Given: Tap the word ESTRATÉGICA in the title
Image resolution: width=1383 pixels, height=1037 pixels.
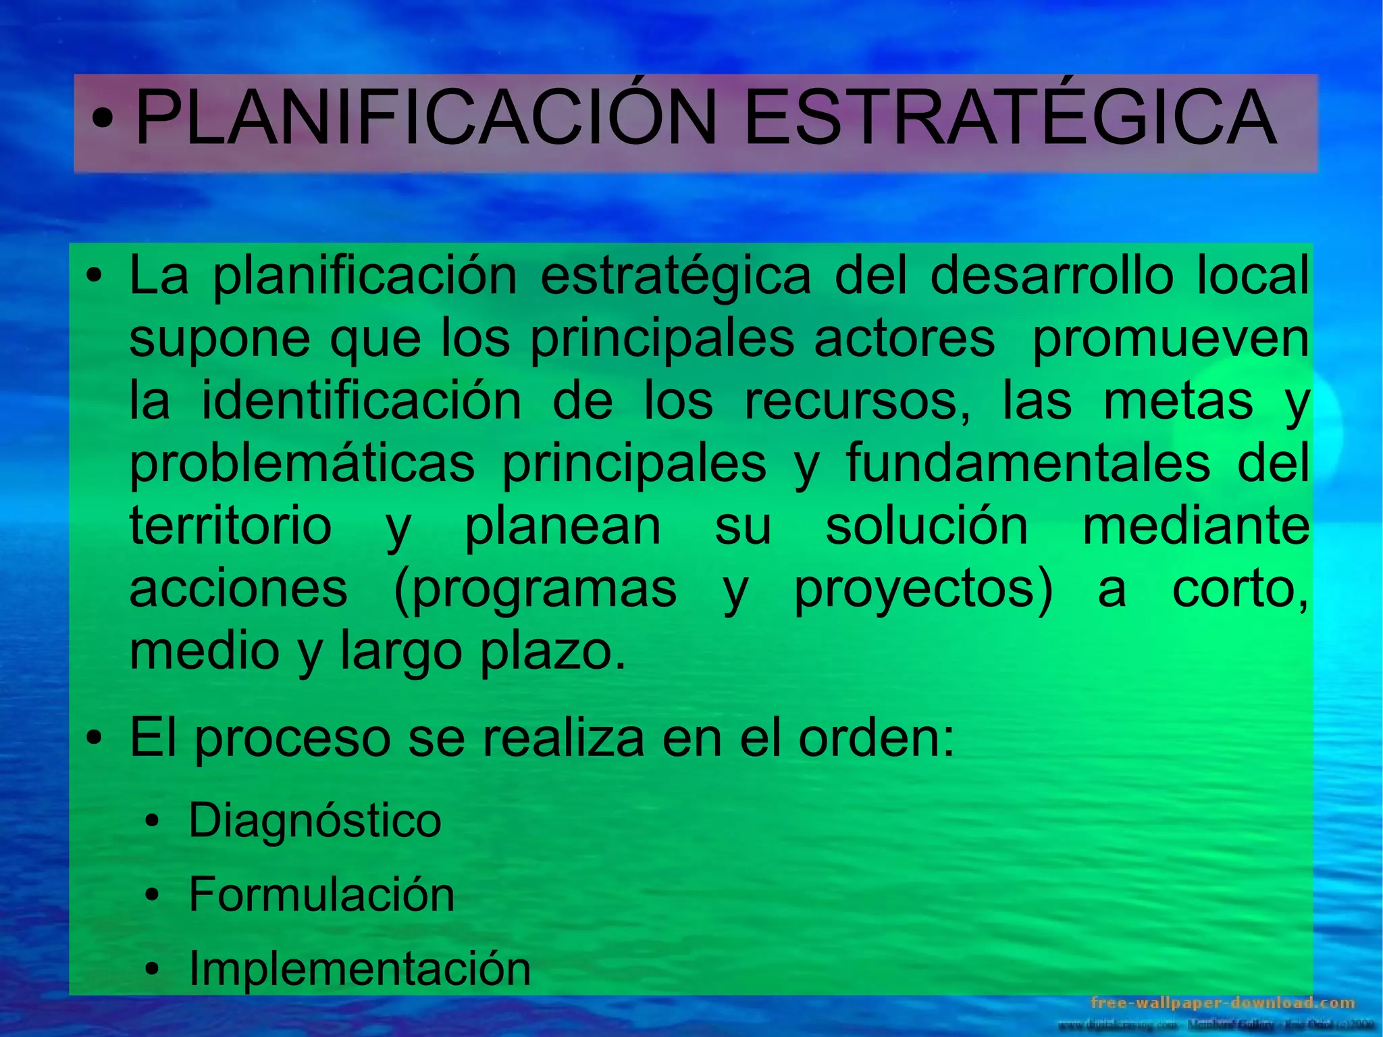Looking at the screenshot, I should tap(1010, 119).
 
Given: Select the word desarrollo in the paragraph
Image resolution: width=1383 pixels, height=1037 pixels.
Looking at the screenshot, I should tap(1051, 276).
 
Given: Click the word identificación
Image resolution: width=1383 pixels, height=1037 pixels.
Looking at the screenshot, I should tap(361, 401).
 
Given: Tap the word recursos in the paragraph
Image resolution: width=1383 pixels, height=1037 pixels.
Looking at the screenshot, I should tap(857, 402).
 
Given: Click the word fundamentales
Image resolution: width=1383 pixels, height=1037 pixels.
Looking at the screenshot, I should tap(1028, 463).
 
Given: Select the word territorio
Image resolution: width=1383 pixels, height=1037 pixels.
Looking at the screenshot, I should tap(230, 526).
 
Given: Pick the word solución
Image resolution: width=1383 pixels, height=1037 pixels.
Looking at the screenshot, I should tap(927, 526).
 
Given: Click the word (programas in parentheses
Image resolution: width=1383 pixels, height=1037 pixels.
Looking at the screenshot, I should tap(535, 590).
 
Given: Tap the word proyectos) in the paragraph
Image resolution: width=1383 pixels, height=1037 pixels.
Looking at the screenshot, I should tap(923, 590).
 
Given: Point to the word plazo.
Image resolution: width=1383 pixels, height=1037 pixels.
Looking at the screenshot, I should tap(553, 652).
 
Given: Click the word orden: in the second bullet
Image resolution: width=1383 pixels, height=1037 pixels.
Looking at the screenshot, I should tap(877, 738).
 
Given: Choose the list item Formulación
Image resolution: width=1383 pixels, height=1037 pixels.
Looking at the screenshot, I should tap(321, 894).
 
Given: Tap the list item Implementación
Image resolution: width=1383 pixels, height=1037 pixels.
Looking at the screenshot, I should tap(359, 968).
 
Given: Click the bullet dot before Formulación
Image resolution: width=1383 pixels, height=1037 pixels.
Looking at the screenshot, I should tap(153, 896).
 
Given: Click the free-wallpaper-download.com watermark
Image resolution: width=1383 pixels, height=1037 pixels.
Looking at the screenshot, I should tap(1223, 1003).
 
